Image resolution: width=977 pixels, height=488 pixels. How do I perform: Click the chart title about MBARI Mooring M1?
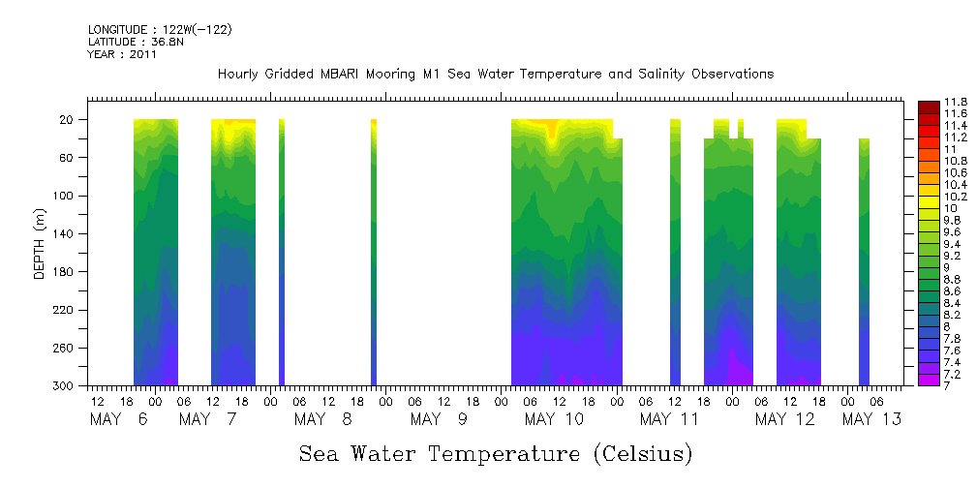point(495,75)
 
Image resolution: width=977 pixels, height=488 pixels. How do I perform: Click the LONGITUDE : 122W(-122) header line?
point(160,30)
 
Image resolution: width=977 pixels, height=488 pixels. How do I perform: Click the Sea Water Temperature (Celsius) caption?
point(496,453)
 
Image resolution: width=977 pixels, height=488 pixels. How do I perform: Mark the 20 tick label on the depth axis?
point(69,120)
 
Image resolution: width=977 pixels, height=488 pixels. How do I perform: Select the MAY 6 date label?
point(121,419)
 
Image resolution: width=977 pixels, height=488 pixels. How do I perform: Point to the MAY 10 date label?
point(554,419)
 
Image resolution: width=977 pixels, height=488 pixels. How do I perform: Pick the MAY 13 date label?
point(871,419)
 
